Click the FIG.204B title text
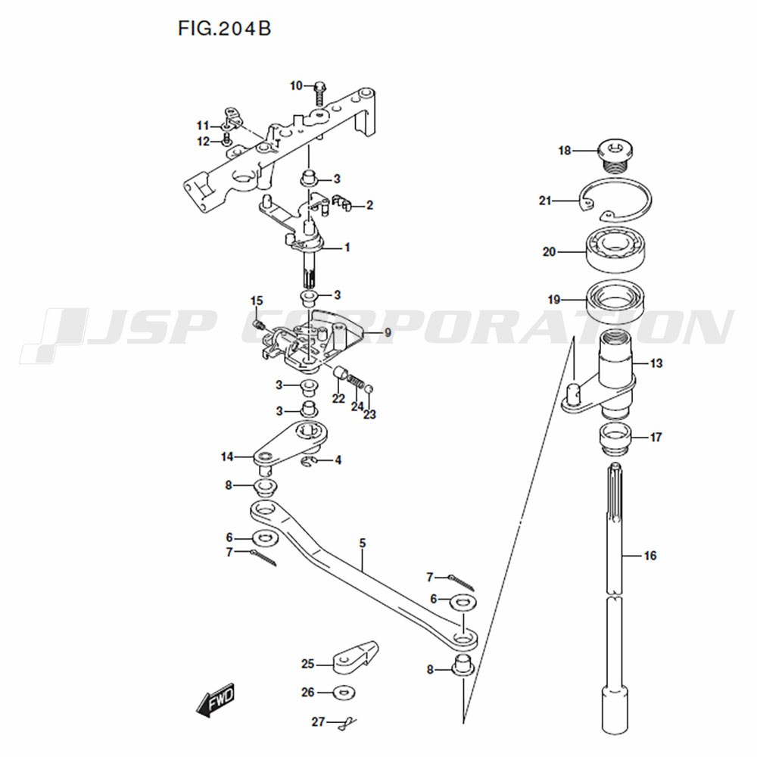click(x=225, y=29)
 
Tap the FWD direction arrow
click(x=215, y=699)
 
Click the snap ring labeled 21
click(x=615, y=200)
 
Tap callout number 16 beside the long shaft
click(x=650, y=556)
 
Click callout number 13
click(x=656, y=363)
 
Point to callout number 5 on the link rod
click(x=363, y=544)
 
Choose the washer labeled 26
click(x=343, y=693)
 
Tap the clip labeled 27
click(x=347, y=723)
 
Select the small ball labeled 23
click(x=369, y=388)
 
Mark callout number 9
click(x=388, y=333)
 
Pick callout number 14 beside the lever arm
click(x=227, y=456)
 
